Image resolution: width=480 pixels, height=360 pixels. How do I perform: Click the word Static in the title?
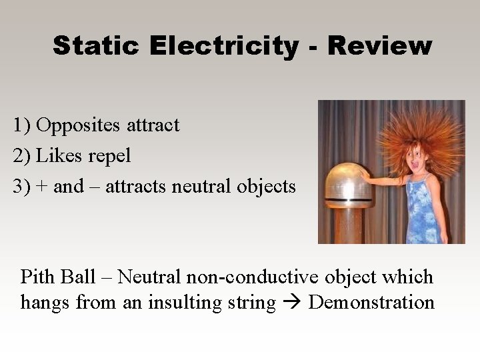(x=97, y=46)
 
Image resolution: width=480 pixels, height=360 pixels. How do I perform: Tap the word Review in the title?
(x=379, y=46)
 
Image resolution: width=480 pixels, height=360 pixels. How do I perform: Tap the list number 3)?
(x=21, y=187)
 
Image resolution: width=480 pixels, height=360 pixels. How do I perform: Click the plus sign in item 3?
(x=42, y=187)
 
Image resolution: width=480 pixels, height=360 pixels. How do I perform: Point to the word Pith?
(x=39, y=277)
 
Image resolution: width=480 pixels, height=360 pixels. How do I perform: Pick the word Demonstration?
(x=371, y=303)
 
